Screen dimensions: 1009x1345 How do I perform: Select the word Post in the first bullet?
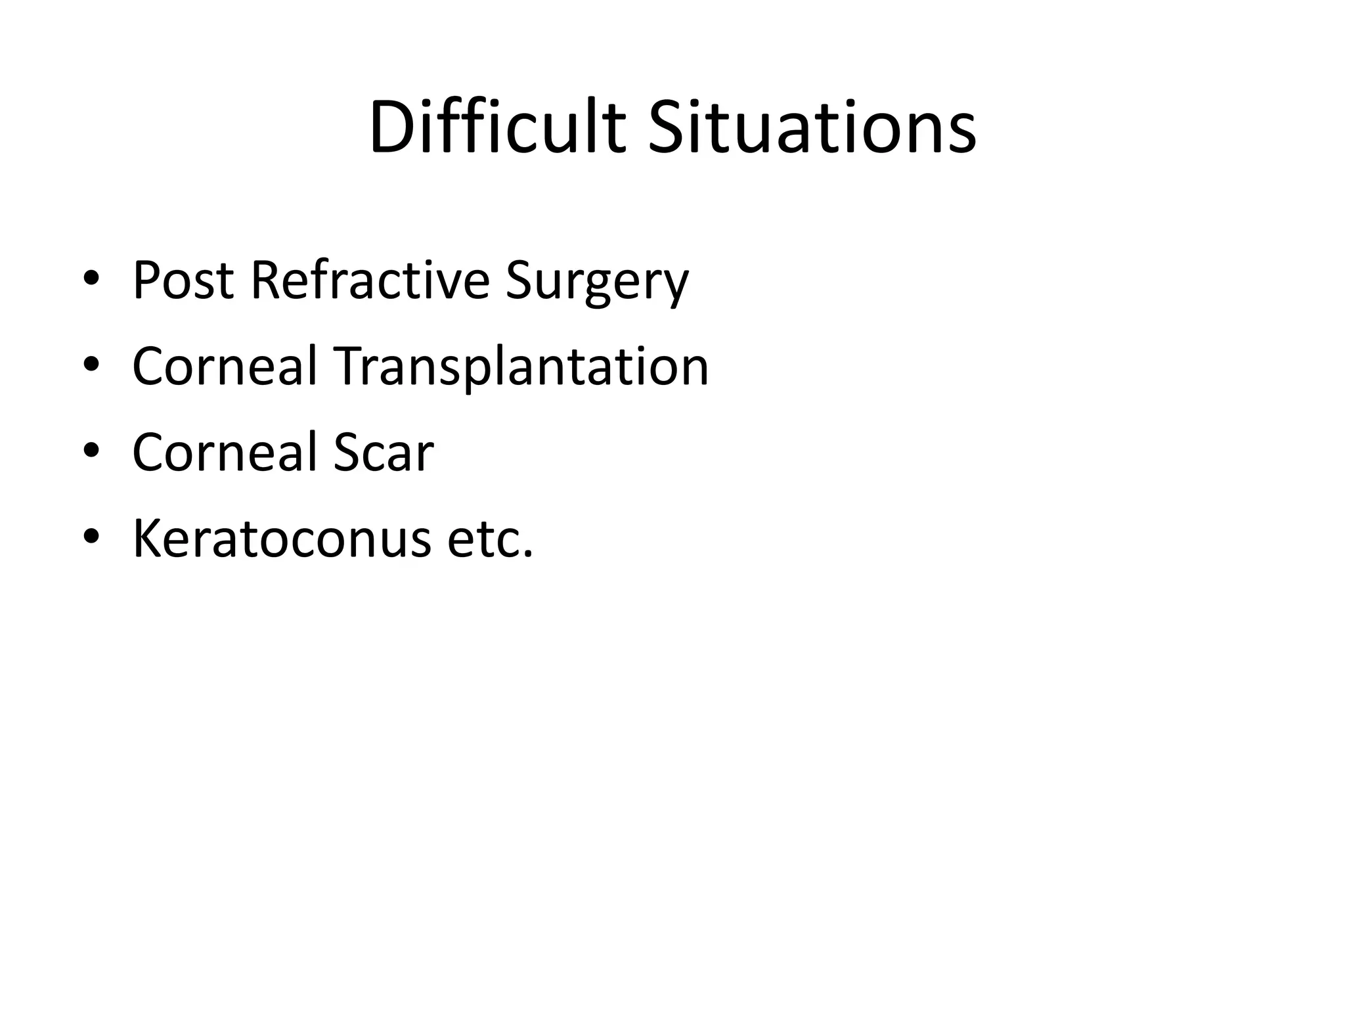(x=183, y=280)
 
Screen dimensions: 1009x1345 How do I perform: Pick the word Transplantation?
(x=522, y=367)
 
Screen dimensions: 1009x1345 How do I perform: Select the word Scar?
(x=384, y=453)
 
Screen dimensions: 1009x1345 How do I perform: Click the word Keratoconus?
(x=282, y=539)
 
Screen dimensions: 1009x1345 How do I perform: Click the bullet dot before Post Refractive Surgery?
(x=91, y=279)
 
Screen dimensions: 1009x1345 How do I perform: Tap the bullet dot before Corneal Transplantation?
(x=91, y=365)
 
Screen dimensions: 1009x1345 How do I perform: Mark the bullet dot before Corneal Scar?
(x=91, y=451)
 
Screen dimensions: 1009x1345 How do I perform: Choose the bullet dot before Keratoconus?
(x=91, y=537)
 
